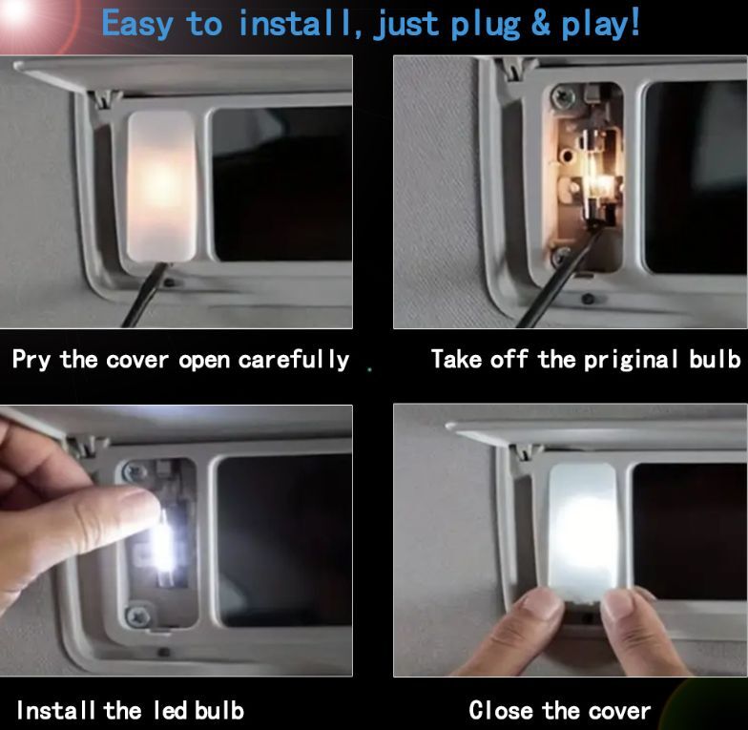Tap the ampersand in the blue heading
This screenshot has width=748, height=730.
click(x=541, y=24)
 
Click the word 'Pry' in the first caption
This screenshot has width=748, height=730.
click(x=31, y=360)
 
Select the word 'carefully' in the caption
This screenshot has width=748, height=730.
click(x=294, y=360)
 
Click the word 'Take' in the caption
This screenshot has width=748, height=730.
click(x=456, y=359)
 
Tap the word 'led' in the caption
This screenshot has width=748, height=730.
click(x=170, y=710)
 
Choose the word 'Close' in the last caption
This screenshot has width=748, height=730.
click(x=501, y=710)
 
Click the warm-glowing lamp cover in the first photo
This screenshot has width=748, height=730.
click(x=161, y=186)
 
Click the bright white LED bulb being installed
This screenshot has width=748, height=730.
click(x=163, y=546)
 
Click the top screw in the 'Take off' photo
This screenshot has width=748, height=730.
click(x=561, y=97)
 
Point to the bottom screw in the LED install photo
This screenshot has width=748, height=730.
click(x=137, y=616)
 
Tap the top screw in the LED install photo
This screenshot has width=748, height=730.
click(x=134, y=471)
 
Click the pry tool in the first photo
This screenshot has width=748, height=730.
click(x=145, y=296)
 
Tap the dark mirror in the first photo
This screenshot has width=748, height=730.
click(x=281, y=183)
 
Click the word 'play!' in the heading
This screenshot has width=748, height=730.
click(x=599, y=24)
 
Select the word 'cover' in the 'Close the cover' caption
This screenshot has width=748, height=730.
click(x=619, y=712)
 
